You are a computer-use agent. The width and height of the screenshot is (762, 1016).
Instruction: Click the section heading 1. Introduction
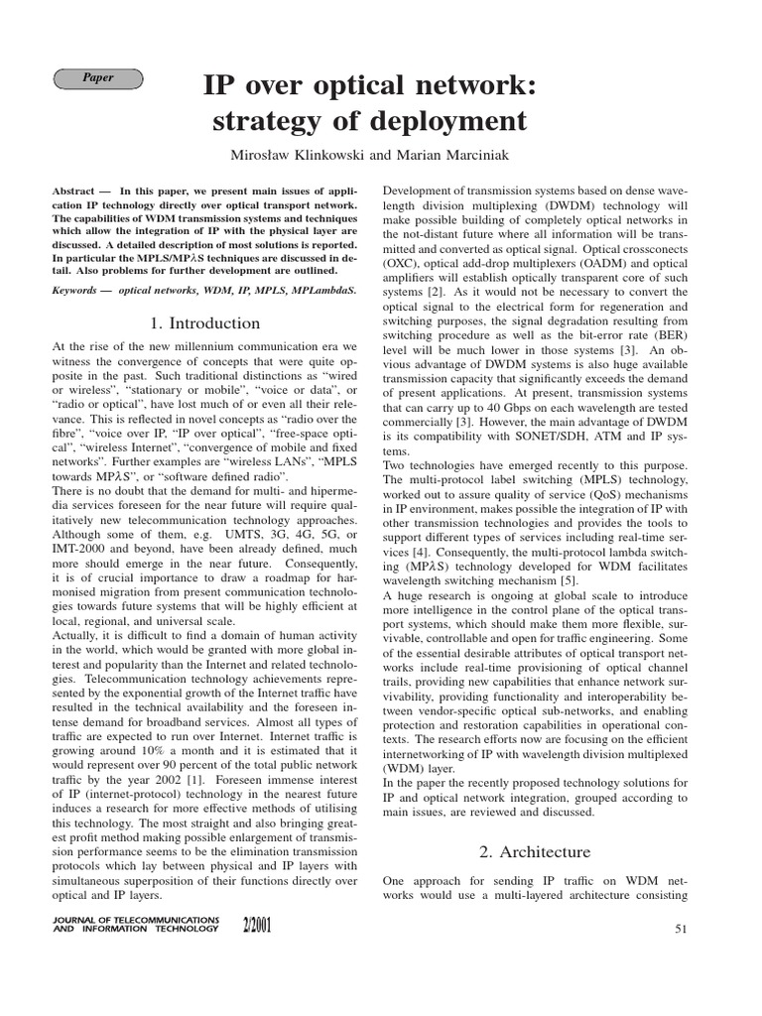tap(205, 323)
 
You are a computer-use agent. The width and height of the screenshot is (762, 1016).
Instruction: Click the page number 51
tap(681, 929)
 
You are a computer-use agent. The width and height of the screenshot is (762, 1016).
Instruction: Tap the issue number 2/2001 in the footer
tap(256, 927)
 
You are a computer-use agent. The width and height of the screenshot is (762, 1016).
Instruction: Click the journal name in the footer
tap(134, 925)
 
